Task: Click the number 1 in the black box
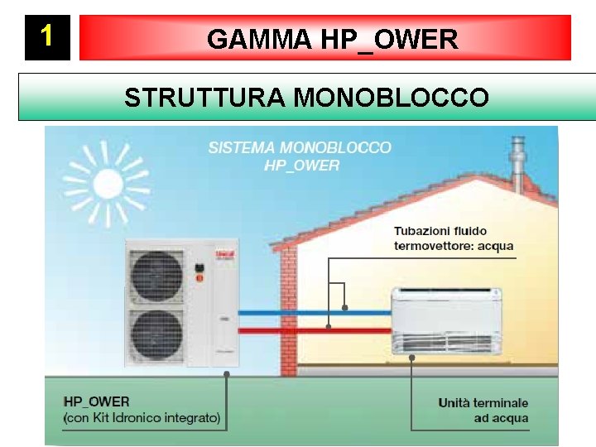tap(47, 36)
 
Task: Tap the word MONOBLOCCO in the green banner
tap(392, 98)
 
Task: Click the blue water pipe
tap(315, 312)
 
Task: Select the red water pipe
tap(315, 329)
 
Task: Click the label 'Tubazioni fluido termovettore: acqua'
tap(453, 238)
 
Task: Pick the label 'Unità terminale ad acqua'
tap(483, 411)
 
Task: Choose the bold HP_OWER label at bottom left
tap(97, 403)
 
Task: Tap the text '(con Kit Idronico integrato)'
tap(142, 419)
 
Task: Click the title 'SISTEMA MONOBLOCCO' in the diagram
tap(300, 148)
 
